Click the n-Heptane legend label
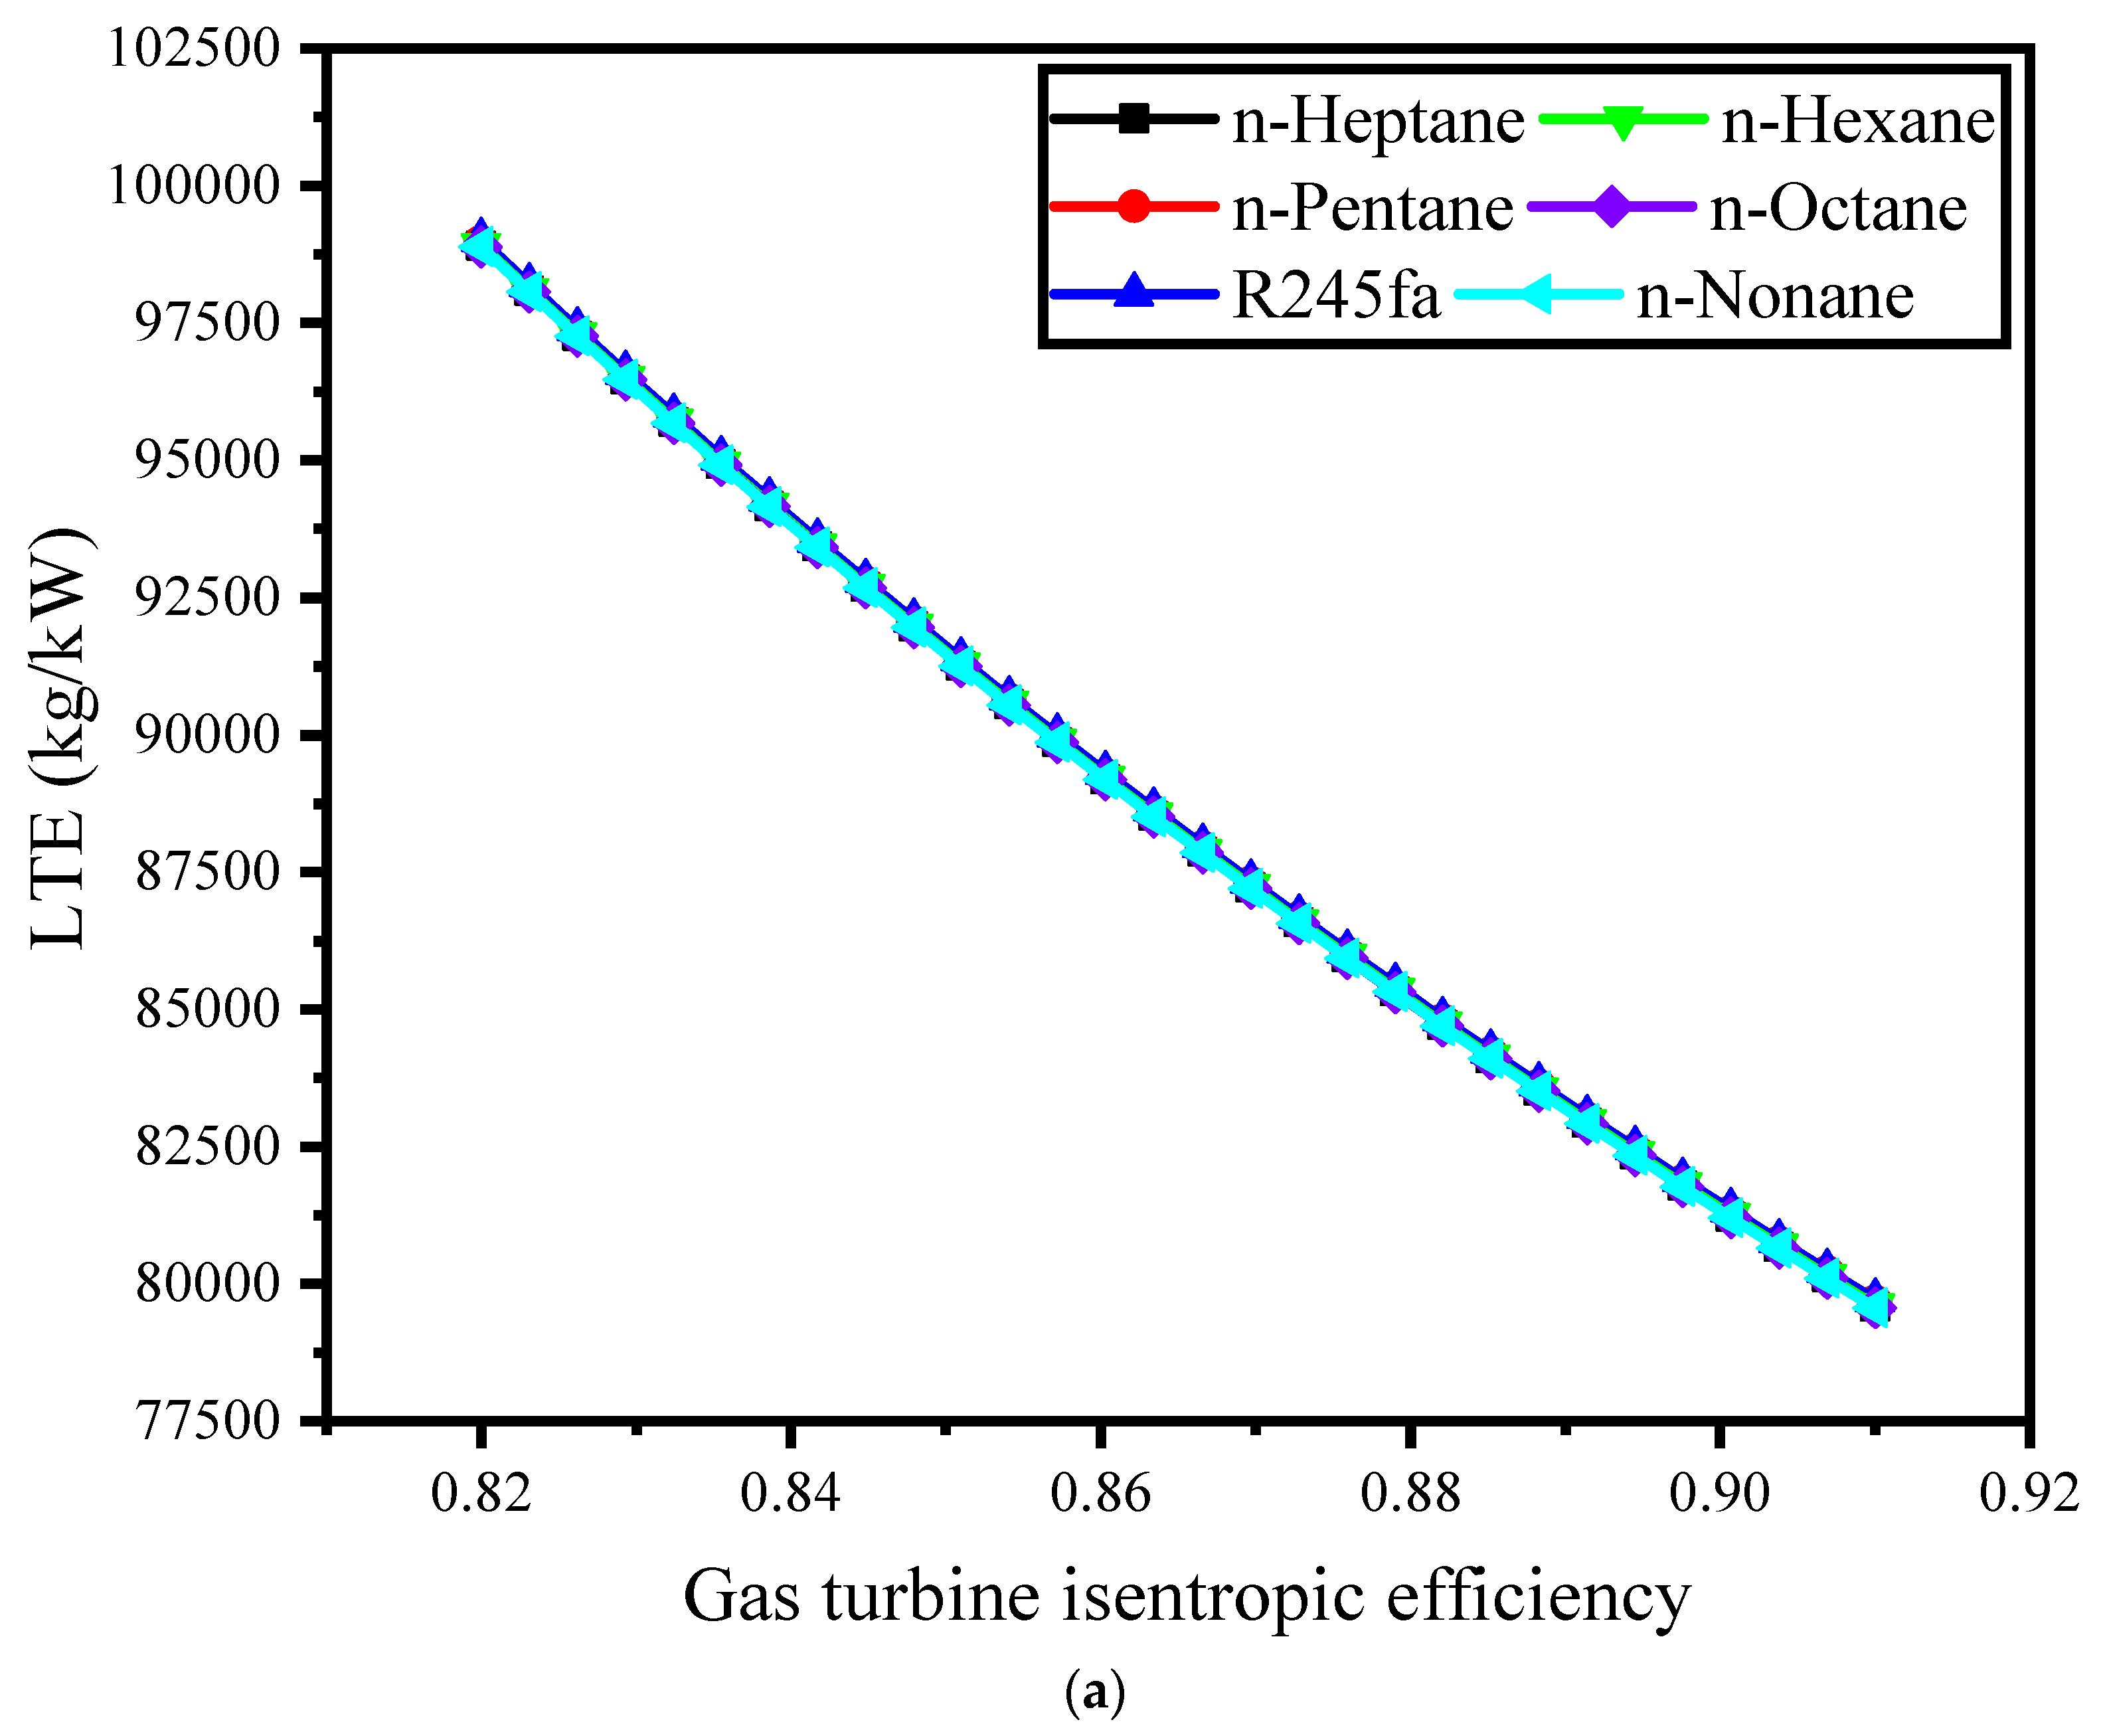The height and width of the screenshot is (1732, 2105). click(x=1377, y=122)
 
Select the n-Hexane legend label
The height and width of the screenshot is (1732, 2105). click(x=1857, y=122)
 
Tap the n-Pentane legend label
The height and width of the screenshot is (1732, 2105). click(x=1372, y=209)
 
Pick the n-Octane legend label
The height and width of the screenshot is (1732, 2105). click(x=1837, y=209)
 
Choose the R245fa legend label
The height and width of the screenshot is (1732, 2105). click(x=1335, y=296)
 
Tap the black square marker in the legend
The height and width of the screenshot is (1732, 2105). click(x=1134, y=120)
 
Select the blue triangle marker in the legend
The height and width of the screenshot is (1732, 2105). click(x=1134, y=294)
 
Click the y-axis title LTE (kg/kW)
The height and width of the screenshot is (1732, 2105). click(x=62, y=738)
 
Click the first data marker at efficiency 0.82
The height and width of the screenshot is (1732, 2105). click(x=481, y=244)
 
